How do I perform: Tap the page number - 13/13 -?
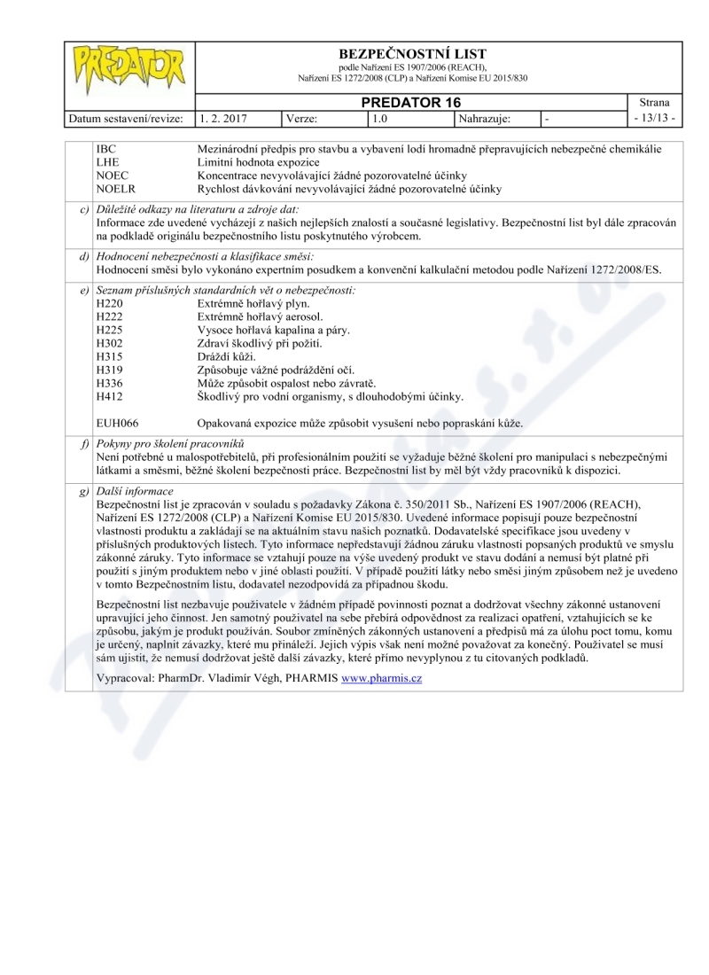click(x=654, y=117)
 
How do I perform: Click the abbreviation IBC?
click(x=105, y=150)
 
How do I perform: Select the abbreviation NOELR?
click(x=113, y=190)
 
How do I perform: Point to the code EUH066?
click(x=117, y=423)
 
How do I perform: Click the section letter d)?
click(x=83, y=256)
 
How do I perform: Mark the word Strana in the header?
click(x=654, y=102)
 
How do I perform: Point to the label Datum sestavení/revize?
click(x=128, y=117)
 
